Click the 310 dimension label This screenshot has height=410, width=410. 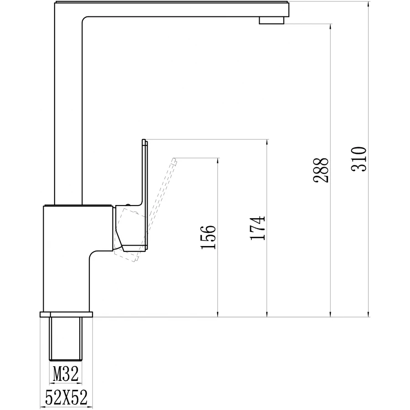[x=359, y=159]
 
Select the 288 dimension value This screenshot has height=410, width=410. [x=321, y=170]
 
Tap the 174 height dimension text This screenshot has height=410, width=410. [x=257, y=227]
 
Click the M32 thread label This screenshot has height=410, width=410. [x=66, y=374]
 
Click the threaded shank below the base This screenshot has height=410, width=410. [x=66, y=339]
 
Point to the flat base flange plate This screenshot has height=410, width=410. [x=67, y=314]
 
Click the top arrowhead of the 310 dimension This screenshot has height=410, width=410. [x=368, y=5]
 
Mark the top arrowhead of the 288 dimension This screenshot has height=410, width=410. [x=330, y=26]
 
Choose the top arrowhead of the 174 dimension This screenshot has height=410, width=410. [x=266, y=142]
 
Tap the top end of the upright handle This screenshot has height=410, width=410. [x=144, y=141]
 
